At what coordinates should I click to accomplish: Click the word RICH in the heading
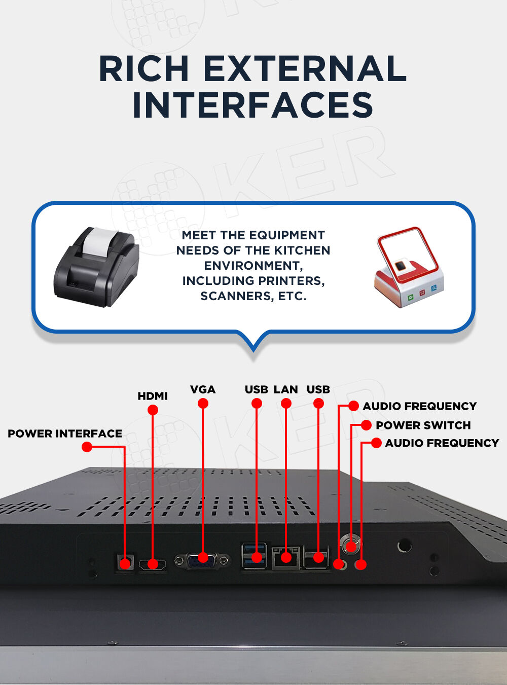[x=144, y=69]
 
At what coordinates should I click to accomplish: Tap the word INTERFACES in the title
[x=252, y=105]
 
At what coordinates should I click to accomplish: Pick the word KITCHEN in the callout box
[x=302, y=250]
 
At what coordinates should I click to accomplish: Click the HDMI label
[x=153, y=396]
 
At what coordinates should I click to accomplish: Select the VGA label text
[x=203, y=389]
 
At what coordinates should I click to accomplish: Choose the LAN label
[x=285, y=389]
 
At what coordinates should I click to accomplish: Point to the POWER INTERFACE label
[x=65, y=434]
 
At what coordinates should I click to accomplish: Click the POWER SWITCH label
[x=423, y=425]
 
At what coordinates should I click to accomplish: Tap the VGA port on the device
[x=202, y=560]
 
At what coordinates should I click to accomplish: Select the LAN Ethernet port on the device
[x=286, y=557]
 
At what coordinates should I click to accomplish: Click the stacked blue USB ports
[x=254, y=555]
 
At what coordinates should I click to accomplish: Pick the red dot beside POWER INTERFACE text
[x=87, y=447]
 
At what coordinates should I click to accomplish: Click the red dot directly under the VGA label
[x=203, y=404]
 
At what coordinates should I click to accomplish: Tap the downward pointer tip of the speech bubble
[x=253, y=349]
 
